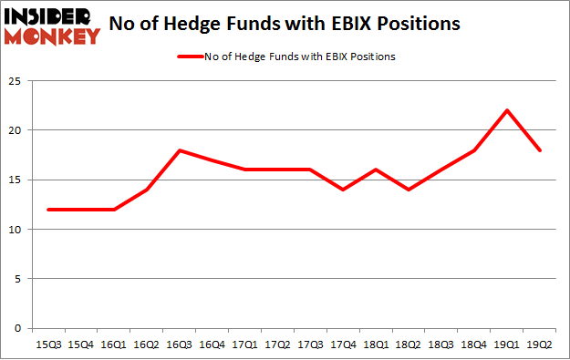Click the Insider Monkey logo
pos(51,26)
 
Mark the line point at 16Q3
pos(180,150)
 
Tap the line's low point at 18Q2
pos(409,190)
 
